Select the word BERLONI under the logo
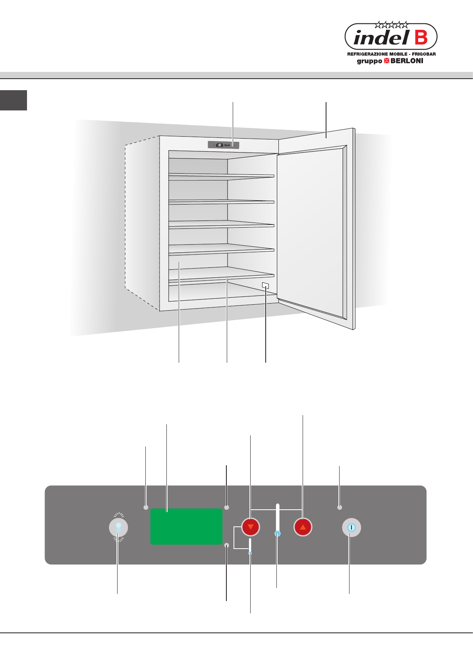click(407, 61)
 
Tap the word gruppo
click(369, 61)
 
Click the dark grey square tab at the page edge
click(14, 100)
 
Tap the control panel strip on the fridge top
click(224, 145)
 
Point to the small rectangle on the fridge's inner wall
click(266, 285)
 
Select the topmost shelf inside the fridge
click(221, 176)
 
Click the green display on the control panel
click(186, 526)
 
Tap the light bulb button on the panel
click(118, 528)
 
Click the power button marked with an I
click(351, 528)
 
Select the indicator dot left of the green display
click(146, 507)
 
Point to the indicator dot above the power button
click(340, 507)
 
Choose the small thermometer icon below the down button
click(250, 547)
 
